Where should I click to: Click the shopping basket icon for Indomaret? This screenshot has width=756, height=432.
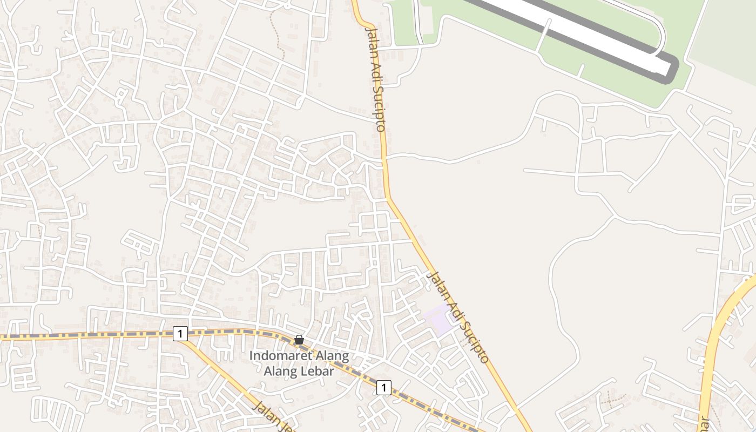click(x=299, y=340)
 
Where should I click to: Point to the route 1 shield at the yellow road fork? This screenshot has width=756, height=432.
click(x=180, y=334)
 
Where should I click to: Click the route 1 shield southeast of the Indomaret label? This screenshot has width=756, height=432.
click(x=383, y=387)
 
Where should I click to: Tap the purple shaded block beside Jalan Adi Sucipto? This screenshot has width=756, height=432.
click(x=438, y=319)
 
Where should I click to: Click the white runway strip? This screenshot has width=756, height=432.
click(x=583, y=32)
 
